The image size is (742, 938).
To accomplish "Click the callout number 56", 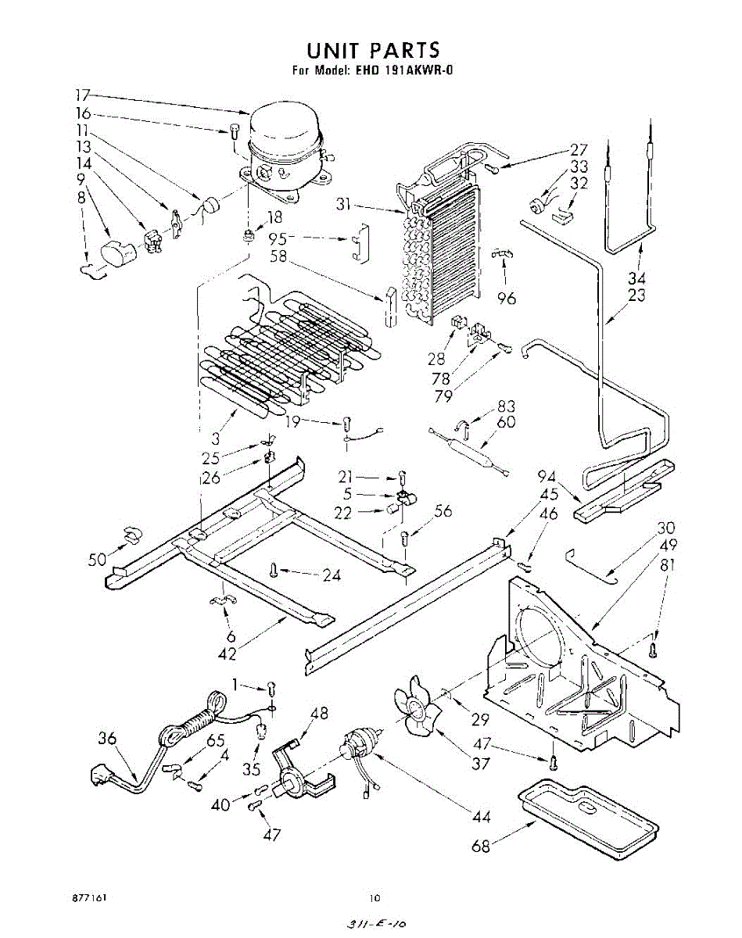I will point(443,511).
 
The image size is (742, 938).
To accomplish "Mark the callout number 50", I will point(99,560).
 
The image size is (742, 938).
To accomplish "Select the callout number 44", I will point(481,817).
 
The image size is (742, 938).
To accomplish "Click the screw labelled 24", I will point(274,569).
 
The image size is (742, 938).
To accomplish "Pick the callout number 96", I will point(507,298).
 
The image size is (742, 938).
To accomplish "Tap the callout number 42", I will point(228,654).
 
